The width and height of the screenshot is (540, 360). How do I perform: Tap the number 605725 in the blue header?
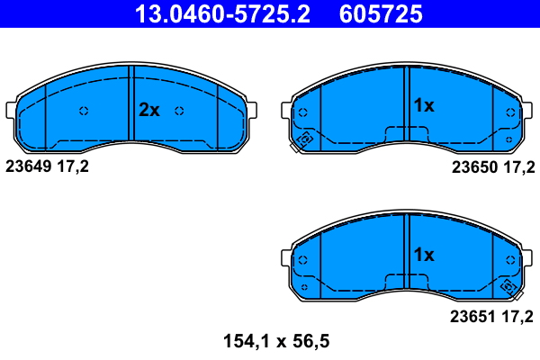[x=381, y=14]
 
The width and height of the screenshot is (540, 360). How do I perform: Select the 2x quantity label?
[x=148, y=111]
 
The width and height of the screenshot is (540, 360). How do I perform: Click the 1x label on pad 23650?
[x=423, y=106]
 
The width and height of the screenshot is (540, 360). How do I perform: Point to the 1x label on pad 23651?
[x=423, y=255]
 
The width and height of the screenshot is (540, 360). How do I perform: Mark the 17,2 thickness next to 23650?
[x=518, y=166]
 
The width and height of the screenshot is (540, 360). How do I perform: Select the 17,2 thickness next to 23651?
[x=518, y=316]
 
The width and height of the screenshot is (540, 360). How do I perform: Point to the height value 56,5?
[x=311, y=341]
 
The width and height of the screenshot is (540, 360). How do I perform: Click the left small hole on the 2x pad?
[x=84, y=111]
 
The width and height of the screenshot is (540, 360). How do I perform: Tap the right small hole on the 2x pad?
[x=180, y=111]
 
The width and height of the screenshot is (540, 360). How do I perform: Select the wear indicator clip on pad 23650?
[x=303, y=140]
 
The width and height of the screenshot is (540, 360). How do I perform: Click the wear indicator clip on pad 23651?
[x=509, y=288]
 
